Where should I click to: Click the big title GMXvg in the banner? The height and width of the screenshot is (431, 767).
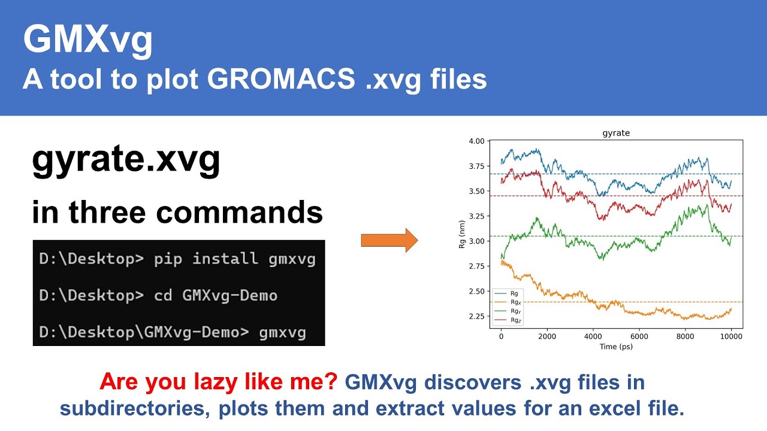tap(87, 41)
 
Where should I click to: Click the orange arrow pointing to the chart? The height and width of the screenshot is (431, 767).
tap(389, 240)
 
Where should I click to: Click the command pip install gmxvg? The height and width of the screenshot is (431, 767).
tap(234, 259)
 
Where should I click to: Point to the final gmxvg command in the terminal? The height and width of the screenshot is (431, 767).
tap(282, 332)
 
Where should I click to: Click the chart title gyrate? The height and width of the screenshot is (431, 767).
tap(616, 133)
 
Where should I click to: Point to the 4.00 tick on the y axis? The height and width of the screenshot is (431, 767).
tap(476, 141)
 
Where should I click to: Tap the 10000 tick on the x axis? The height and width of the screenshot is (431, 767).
tap(730, 336)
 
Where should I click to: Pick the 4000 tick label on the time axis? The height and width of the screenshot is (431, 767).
tap(593, 336)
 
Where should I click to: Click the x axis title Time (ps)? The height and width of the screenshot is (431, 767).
tap(616, 347)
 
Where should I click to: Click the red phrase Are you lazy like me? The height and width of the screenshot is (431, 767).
tap(219, 382)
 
